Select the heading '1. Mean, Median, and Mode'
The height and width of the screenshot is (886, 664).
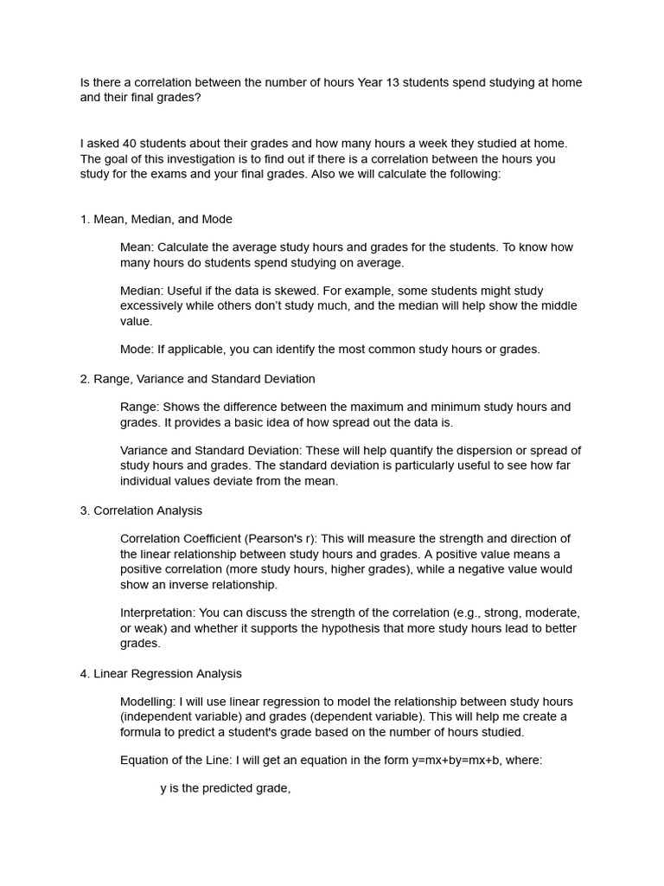pyautogui.click(x=156, y=219)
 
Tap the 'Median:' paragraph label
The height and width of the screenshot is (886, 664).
pyautogui.click(x=141, y=291)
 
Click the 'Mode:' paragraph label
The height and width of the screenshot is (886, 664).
pyautogui.click(x=137, y=350)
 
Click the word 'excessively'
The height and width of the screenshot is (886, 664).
pyautogui.click(x=151, y=306)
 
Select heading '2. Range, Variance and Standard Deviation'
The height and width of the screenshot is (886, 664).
pyautogui.click(x=197, y=379)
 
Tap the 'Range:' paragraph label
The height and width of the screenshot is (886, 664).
pyautogui.click(x=139, y=407)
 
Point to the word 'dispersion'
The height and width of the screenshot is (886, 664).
pyautogui.click(x=480, y=450)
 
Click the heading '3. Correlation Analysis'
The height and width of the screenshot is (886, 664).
pyautogui.click(x=141, y=510)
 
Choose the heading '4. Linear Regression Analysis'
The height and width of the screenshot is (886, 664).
pyautogui.click(x=161, y=673)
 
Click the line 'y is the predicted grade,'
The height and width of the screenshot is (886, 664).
pyautogui.click(x=225, y=789)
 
